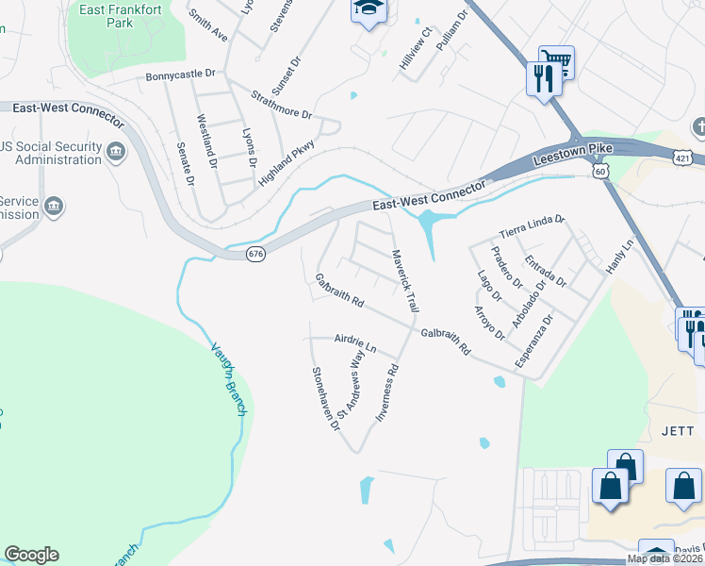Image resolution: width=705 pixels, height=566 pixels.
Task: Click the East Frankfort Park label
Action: point(107,15)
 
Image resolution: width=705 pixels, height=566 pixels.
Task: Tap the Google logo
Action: point(31,555)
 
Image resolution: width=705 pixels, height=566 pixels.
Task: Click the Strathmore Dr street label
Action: point(282,104)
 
